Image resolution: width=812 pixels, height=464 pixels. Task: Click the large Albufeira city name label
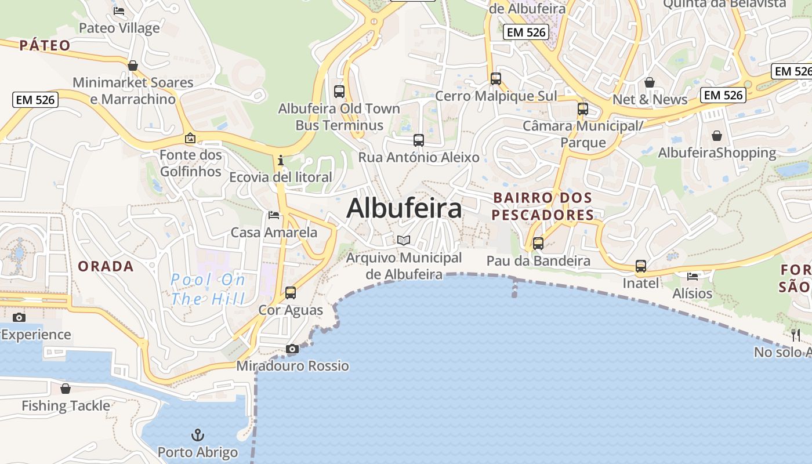[404, 208]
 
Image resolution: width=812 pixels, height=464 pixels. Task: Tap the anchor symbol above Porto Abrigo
[198, 434]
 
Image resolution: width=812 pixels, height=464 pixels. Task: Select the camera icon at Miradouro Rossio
[292, 349]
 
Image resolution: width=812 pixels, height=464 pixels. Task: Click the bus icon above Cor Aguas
[291, 293]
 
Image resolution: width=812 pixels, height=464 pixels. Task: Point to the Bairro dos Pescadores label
[542, 206]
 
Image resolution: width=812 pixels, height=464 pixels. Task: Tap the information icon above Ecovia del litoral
[281, 159]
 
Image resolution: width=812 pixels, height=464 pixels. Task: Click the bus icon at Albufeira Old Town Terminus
[339, 91]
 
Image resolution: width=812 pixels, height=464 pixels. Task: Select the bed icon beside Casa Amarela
[274, 215]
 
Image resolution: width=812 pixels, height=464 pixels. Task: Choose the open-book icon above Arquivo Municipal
[404, 240]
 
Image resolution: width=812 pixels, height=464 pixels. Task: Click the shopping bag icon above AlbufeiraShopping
[717, 136]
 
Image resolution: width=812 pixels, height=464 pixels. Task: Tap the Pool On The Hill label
[208, 289]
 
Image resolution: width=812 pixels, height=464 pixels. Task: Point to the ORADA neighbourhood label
[106, 266]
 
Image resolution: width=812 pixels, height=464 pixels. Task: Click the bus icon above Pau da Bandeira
[538, 244]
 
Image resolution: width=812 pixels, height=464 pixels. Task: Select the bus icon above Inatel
[641, 266]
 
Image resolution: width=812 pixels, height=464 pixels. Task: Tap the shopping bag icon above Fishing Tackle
[66, 388]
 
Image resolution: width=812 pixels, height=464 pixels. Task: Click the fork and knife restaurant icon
[796, 335]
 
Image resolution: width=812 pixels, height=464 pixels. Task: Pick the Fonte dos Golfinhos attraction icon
[190, 138]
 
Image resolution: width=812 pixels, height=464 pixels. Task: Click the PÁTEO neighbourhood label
[45, 45]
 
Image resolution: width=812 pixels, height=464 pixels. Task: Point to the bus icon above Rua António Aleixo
[418, 140]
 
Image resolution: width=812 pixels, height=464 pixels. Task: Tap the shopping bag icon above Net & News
[650, 82]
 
